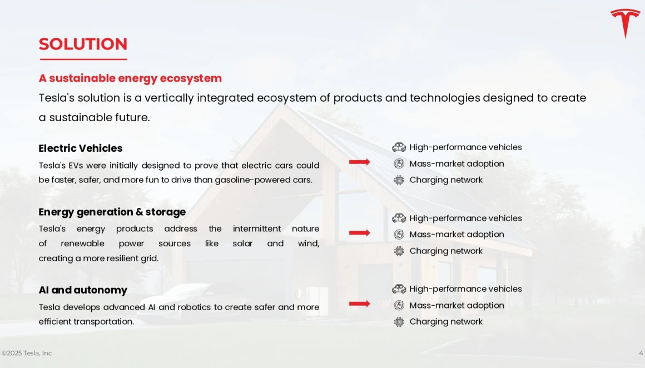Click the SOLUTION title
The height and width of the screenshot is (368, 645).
(83, 44)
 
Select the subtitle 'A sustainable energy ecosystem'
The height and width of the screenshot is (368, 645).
(130, 78)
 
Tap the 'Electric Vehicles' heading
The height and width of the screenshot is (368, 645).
(81, 148)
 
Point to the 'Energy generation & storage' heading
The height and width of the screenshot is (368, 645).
(112, 212)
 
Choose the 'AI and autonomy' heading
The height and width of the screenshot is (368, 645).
(83, 290)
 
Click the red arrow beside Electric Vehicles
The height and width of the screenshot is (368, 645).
(360, 162)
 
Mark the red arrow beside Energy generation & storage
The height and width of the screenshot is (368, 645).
(360, 233)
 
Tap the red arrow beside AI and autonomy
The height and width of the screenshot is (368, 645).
(360, 304)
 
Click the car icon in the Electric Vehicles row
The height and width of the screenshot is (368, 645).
(399, 147)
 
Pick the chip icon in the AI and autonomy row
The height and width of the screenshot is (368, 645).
(399, 322)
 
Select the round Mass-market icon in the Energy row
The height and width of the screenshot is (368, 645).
(399, 235)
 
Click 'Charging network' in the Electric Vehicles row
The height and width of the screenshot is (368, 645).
(446, 180)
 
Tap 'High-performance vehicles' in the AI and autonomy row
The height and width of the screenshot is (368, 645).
(465, 289)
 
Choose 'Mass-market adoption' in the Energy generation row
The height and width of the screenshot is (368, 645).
(457, 235)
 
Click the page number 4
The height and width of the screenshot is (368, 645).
(641, 353)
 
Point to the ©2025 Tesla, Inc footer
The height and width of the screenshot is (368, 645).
(27, 353)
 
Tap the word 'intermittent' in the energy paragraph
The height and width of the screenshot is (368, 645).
(257, 228)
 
